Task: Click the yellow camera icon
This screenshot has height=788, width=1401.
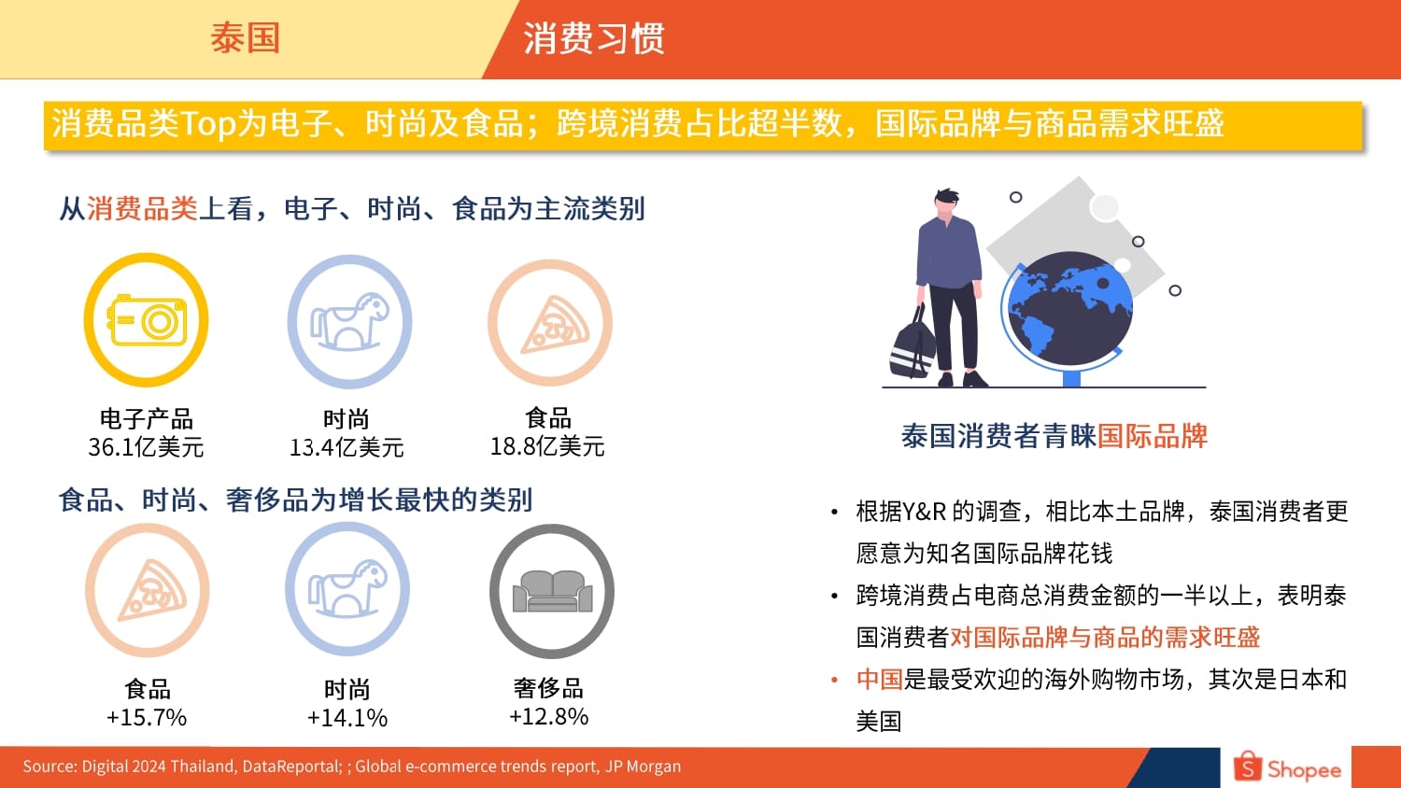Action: pyautogui.click(x=147, y=320)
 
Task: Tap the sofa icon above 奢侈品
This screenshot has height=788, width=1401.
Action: pyautogui.click(x=552, y=591)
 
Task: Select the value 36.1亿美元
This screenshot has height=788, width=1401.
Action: pyautogui.click(x=146, y=447)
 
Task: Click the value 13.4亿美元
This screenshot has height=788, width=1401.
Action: pyautogui.click(x=347, y=447)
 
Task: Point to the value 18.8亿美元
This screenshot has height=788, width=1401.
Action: pyautogui.click(x=547, y=446)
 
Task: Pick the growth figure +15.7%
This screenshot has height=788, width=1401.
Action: pyautogui.click(x=147, y=717)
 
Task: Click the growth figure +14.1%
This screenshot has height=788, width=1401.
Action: pyautogui.click(x=347, y=717)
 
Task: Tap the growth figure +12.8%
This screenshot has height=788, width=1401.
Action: pyautogui.click(x=548, y=716)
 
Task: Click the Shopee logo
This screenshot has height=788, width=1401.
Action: pyautogui.click(x=1287, y=767)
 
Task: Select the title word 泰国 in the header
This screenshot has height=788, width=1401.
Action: pyautogui.click(x=245, y=38)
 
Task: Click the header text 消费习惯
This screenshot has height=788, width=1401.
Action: pyautogui.click(x=593, y=38)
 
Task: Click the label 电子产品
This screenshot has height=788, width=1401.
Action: pyautogui.click(x=147, y=418)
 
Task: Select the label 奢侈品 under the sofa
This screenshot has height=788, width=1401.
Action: pyautogui.click(x=548, y=688)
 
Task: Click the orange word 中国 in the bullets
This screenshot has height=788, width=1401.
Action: pyautogui.click(x=880, y=679)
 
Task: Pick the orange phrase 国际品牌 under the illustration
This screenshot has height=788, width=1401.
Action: pyautogui.click(x=1152, y=436)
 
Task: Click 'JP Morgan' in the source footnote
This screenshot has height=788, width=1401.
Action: pyautogui.click(x=643, y=767)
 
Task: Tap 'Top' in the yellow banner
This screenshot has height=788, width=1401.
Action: pyautogui.click(x=208, y=123)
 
